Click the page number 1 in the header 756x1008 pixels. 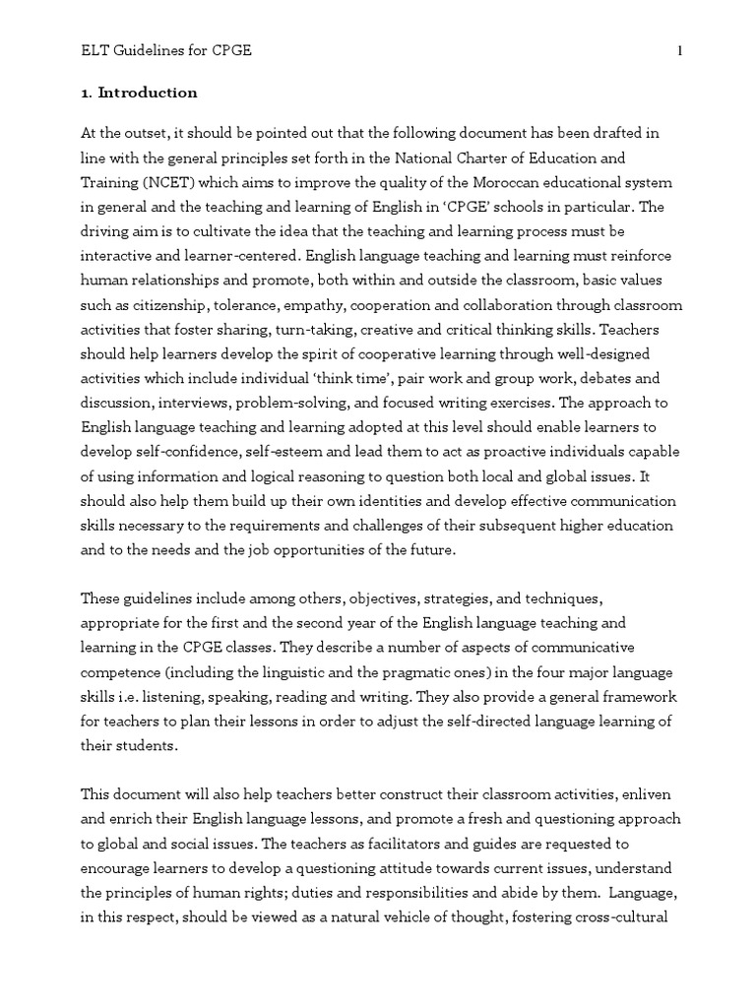(678, 51)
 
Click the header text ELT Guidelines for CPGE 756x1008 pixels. (166, 51)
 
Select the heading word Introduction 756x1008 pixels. (147, 93)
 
